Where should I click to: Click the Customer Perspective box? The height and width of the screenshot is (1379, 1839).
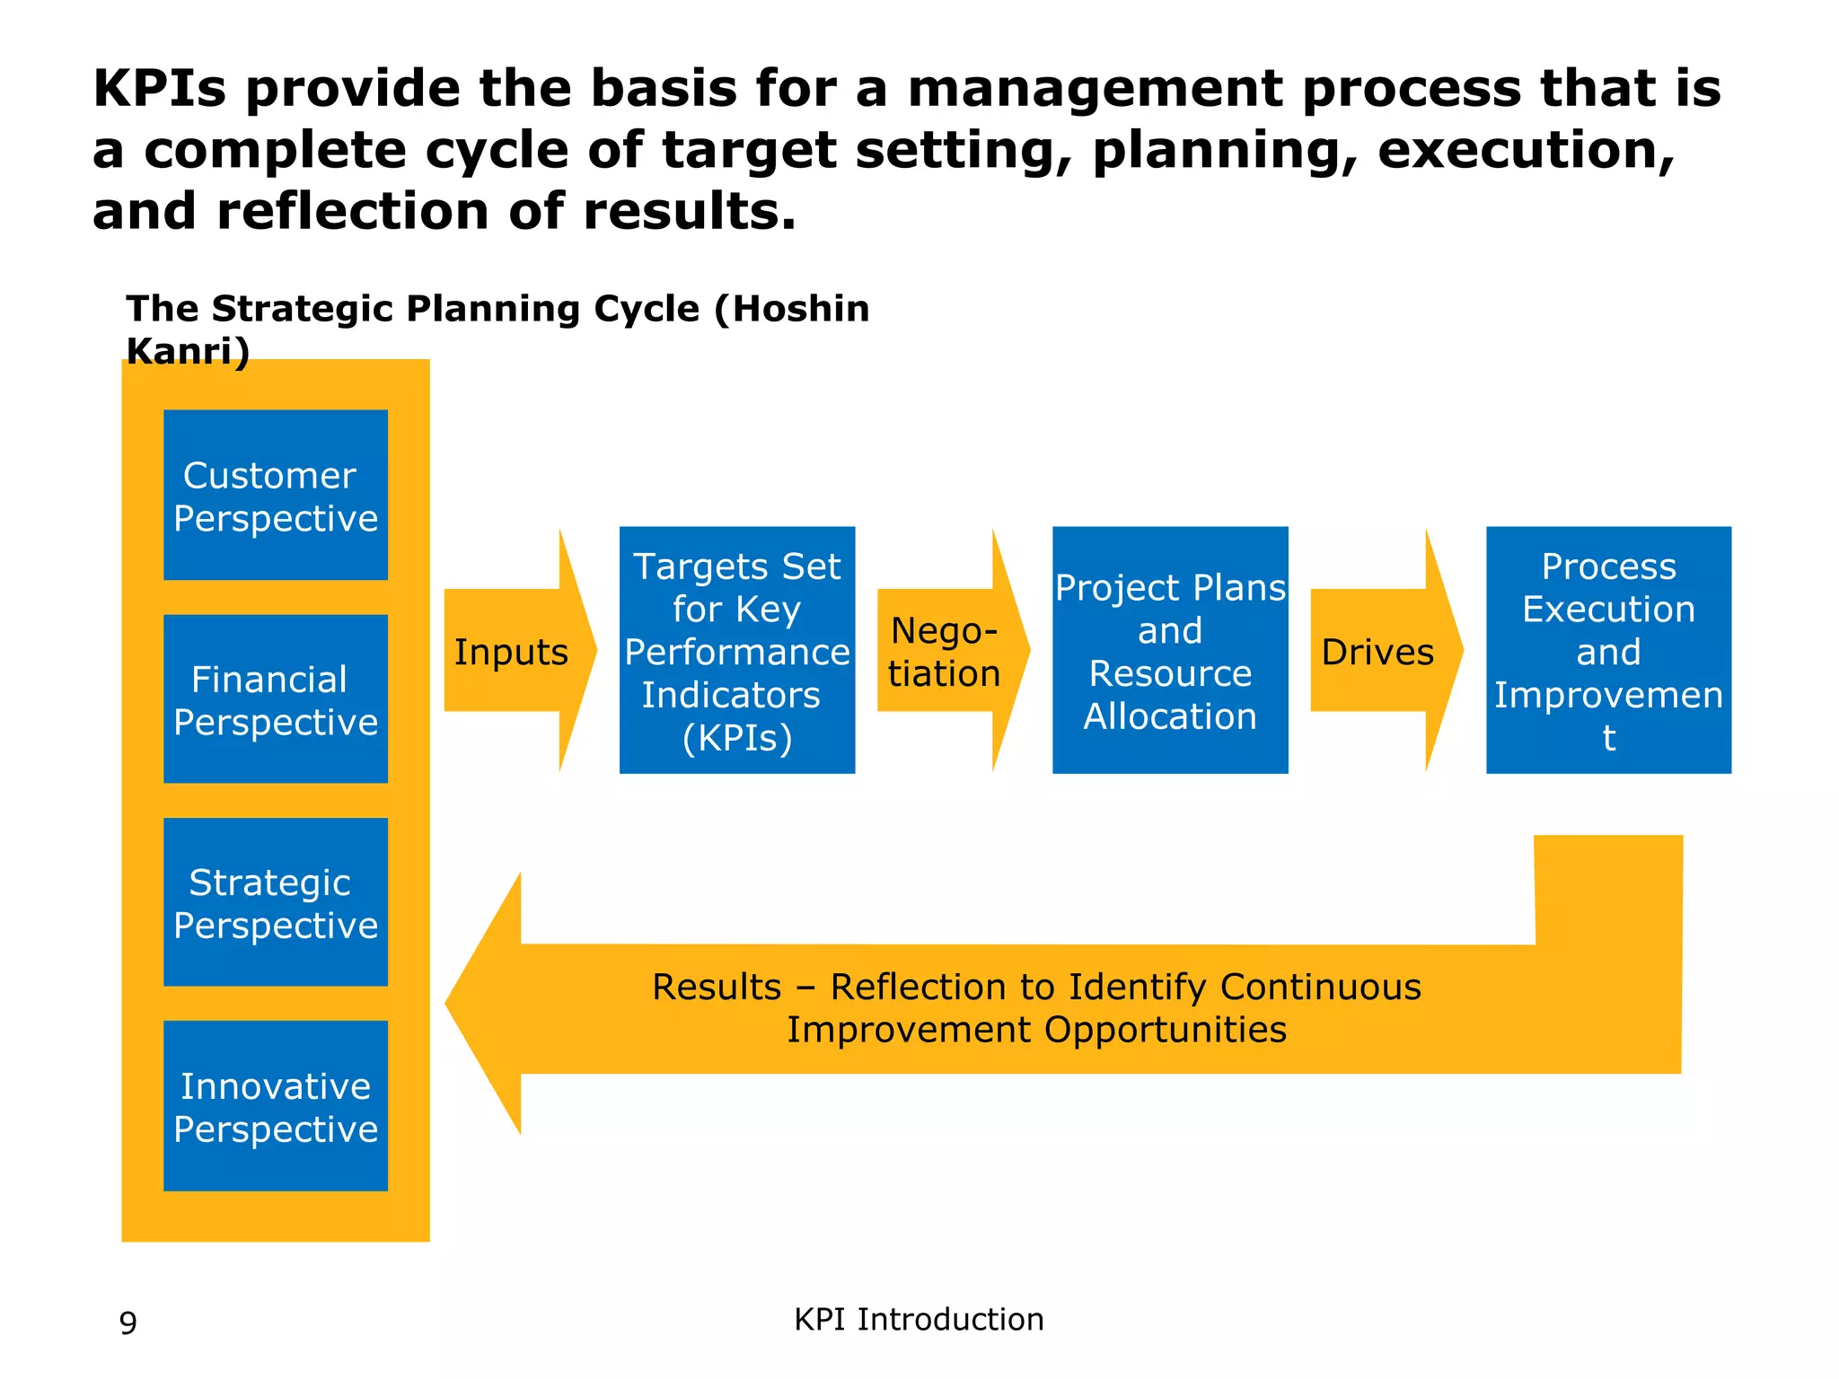[275, 495]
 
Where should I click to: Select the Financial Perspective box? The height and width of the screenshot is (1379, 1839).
[275, 699]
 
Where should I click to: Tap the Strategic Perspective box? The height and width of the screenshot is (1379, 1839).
[275, 902]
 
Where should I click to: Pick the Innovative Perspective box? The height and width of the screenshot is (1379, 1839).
[275, 1106]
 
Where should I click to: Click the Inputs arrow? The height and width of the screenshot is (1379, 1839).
[512, 652]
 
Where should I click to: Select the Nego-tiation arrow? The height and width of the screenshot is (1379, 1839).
[945, 652]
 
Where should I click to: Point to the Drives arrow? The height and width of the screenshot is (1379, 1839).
[1378, 652]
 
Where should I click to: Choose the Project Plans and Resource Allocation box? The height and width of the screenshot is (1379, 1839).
[1170, 650]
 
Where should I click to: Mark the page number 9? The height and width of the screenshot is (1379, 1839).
[128, 1323]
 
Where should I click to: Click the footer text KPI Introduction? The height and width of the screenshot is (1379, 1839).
[919, 1320]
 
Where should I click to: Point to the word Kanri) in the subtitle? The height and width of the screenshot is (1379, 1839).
[188, 351]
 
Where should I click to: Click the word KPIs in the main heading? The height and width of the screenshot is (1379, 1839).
[160, 89]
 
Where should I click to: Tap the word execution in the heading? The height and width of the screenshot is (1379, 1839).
[1526, 150]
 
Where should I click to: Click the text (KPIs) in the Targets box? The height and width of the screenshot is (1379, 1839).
[737, 738]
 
